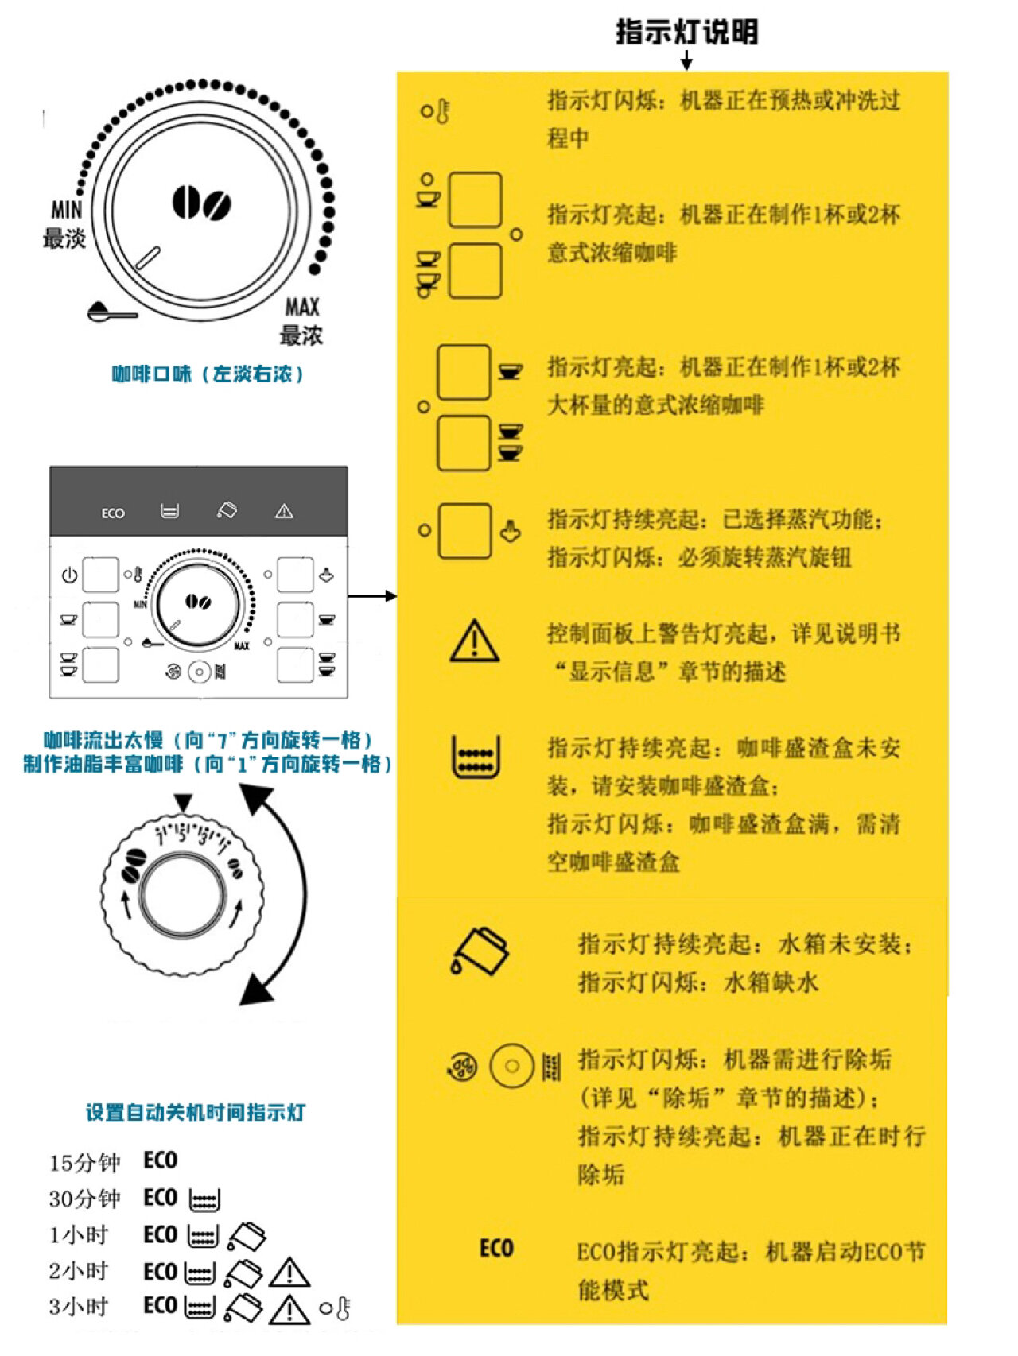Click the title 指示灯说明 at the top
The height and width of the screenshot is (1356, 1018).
686,33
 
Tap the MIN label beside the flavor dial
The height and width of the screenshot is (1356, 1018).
66,210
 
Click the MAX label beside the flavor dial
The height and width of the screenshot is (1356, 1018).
302,307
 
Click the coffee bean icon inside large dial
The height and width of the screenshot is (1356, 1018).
201,203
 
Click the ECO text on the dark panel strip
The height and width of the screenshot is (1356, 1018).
113,513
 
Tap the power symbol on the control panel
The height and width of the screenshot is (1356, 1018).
69,575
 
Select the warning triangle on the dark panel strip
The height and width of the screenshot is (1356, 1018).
284,512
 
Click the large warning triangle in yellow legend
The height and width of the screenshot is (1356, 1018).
475,641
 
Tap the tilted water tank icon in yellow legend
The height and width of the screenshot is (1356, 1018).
480,951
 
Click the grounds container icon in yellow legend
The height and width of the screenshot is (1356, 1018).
476,756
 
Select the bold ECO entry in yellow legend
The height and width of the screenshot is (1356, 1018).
496,1248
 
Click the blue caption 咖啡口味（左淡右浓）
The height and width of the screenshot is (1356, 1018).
208,374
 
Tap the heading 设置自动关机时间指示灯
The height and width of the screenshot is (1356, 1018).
196,1112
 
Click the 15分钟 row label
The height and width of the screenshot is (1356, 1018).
84,1163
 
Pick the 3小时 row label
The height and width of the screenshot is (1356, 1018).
78,1307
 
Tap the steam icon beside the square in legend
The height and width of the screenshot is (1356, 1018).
511,531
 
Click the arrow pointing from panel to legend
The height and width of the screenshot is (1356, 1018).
372,596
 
